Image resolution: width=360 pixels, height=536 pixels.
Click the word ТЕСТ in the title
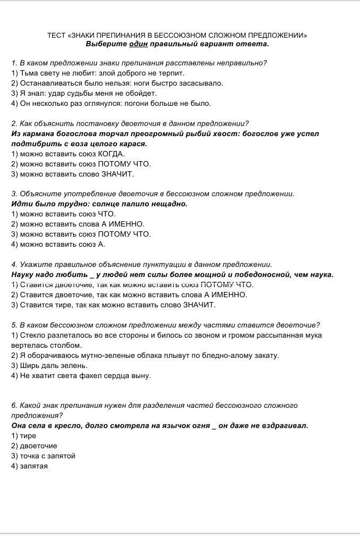click(x=56, y=36)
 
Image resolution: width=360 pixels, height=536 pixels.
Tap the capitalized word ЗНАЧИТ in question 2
click(x=118, y=174)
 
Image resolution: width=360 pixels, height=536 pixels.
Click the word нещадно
click(x=169, y=204)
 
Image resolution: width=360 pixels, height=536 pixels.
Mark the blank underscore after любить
click(x=92, y=275)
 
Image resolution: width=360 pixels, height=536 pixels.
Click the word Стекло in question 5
click(x=32, y=335)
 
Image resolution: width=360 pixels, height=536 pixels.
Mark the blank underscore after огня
click(x=214, y=426)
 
